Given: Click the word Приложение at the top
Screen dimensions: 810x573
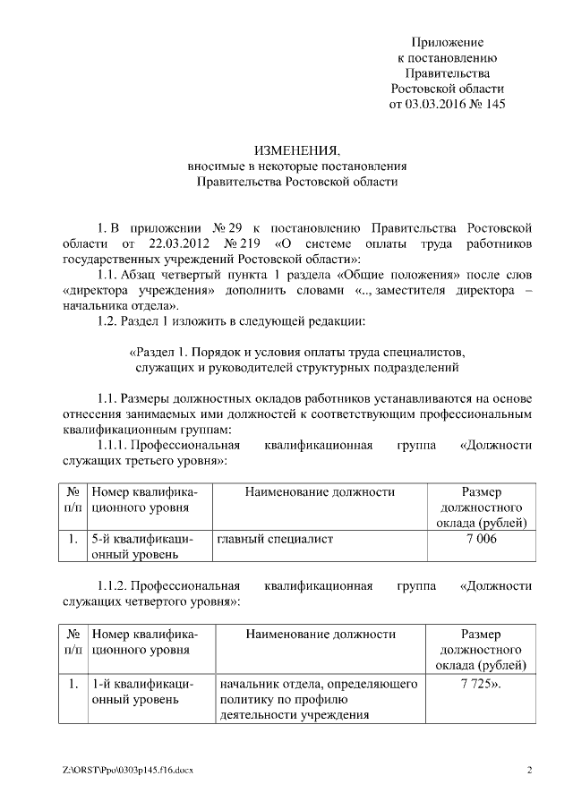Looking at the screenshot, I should [448, 42].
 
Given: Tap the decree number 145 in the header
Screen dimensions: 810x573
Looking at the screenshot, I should [494, 104].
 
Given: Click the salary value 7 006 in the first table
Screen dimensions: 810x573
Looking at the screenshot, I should [480, 540].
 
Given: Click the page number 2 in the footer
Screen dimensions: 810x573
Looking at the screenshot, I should [529, 771].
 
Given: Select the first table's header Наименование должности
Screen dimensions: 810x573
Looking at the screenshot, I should [319, 491].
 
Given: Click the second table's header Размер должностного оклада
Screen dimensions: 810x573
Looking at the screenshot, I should [480, 650].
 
